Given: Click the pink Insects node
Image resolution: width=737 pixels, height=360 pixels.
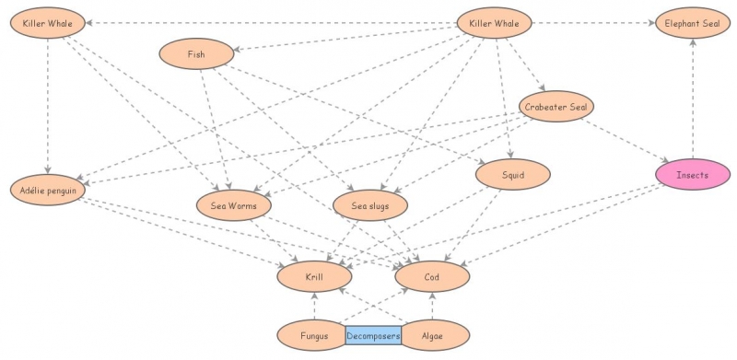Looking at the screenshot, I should pos(692,174).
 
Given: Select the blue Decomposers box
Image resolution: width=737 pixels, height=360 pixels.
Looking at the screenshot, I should pos(373,336).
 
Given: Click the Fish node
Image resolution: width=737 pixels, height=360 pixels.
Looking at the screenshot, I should pos(196,54).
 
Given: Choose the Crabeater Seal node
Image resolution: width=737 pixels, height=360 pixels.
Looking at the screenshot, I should pos(556,107).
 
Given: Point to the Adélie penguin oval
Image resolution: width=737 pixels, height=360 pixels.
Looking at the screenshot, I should pos(48,191).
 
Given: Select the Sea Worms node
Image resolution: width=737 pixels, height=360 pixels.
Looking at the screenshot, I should pos(234,205).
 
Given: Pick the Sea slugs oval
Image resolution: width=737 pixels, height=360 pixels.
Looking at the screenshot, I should pos(369,205).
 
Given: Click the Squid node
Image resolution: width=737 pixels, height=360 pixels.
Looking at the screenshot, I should pos(512,174).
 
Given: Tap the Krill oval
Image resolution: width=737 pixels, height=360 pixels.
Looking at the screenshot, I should pos(314,274).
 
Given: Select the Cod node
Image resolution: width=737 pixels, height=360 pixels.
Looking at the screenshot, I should pos(432,274).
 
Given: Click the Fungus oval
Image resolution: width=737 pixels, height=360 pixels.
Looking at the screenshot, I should pos(314,336).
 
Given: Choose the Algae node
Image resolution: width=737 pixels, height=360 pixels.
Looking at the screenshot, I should pos(432,336).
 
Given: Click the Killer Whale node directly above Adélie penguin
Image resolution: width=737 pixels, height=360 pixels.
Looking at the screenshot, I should pos(48,23).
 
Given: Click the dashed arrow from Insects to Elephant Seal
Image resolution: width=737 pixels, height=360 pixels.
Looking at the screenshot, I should pos(692,101).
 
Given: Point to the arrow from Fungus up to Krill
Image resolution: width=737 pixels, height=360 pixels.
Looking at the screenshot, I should pos(314,306).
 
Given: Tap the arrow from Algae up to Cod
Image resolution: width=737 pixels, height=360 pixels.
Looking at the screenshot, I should pos(432,306).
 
